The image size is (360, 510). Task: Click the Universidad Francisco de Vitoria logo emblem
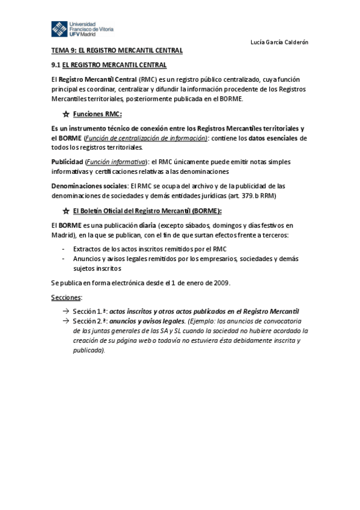(x=59, y=29)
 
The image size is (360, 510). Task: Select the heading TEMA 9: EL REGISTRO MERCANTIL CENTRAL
(x=117, y=51)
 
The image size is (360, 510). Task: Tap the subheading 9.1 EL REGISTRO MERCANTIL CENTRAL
(x=109, y=64)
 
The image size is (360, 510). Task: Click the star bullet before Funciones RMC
(x=66, y=114)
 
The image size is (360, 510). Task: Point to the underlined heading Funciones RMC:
(x=97, y=114)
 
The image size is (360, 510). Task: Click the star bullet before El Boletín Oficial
(x=66, y=211)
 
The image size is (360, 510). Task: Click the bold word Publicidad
(x=67, y=162)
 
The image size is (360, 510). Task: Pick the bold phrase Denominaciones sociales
(x=90, y=186)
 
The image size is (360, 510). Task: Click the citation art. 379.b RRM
(x=253, y=195)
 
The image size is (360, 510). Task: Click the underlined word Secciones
(x=66, y=297)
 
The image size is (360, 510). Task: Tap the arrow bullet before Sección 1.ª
(x=65, y=312)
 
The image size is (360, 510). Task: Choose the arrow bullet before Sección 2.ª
(x=65, y=321)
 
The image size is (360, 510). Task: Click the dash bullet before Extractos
(x=64, y=248)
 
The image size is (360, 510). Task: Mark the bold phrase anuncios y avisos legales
(x=144, y=321)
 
